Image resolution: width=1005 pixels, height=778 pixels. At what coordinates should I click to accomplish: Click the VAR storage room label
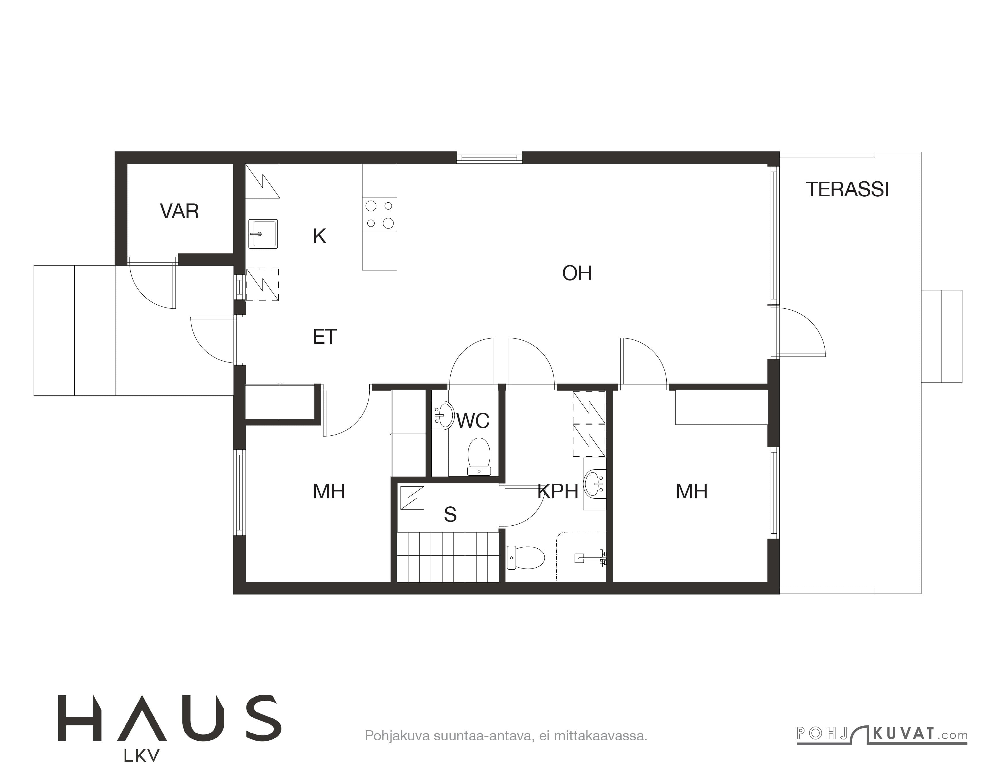pyautogui.click(x=180, y=211)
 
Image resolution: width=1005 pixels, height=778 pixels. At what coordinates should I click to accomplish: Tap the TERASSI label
pyautogui.click(x=847, y=190)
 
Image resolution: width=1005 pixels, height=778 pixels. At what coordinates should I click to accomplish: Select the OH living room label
pyautogui.click(x=577, y=273)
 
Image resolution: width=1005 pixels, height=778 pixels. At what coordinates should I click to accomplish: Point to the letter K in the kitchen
pyautogui.click(x=319, y=236)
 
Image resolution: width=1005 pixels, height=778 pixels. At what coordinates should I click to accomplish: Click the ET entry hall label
pyautogui.click(x=325, y=337)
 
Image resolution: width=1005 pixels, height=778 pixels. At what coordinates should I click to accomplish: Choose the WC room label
pyautogui.click(x=473, y=421)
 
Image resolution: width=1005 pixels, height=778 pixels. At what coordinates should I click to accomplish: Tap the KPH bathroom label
pyautogui.click(x=558, y=492)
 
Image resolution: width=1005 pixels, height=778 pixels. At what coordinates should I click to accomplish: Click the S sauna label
pyautogui.click(x=450, y=515)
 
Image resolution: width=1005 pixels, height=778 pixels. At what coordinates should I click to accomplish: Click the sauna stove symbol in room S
pyautogui.click(x=412, y=498)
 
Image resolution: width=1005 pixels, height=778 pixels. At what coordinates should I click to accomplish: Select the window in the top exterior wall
pyautogui.click(x=489, y=158)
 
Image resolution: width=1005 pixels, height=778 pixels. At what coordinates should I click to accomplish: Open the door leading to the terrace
pyautogui.click(x=801, y=331)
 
